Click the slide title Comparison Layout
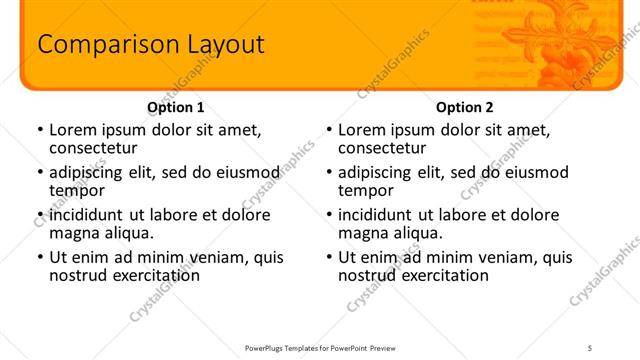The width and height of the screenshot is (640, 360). coord(150,44)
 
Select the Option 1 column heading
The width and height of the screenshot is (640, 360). coord(176,107)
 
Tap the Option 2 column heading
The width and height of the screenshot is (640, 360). coord(465,107)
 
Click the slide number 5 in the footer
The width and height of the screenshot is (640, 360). coord(590,347)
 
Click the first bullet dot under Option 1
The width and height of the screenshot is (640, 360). coord(40,130)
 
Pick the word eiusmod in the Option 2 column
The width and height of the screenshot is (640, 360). coord(537,172)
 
